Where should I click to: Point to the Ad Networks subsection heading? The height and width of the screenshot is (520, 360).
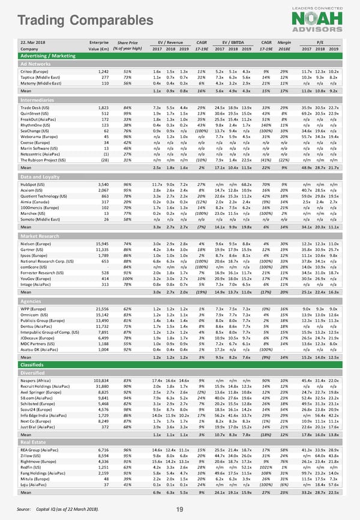pos(35,63)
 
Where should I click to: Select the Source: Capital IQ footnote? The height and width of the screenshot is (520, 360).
pos(59,508)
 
